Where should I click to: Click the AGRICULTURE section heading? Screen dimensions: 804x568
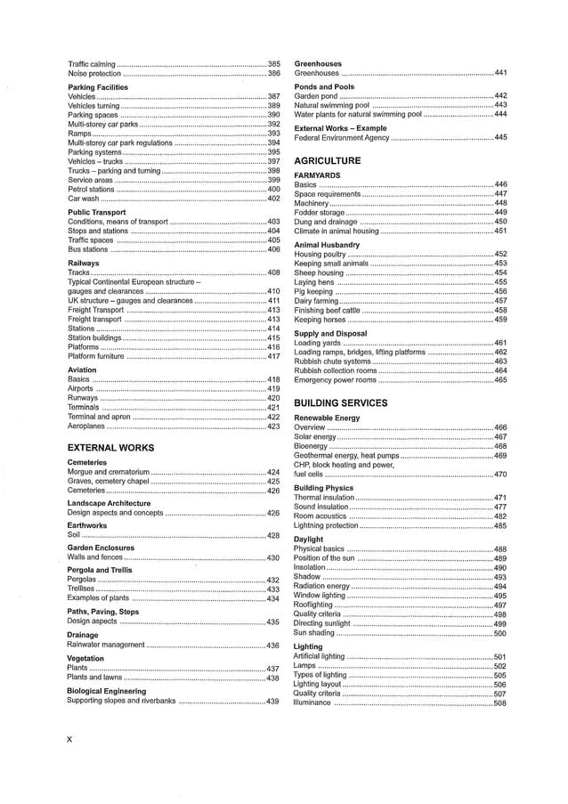pos(327,160)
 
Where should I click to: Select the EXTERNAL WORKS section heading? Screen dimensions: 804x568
pos(110,448)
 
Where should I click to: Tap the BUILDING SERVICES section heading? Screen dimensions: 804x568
pos(340,402)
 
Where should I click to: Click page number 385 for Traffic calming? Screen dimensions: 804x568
pos(273,65)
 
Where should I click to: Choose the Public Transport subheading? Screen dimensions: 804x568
pos(97,212)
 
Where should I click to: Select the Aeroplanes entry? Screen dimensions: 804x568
pos(87,426)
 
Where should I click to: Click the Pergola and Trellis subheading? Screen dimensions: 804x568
pos(100,569)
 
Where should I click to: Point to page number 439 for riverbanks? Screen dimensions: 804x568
pos(273,701)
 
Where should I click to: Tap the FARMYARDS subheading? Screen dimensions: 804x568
pos(317,175)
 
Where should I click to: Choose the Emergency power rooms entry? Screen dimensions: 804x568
pos(335,380)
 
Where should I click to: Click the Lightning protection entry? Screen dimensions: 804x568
pos(326,525)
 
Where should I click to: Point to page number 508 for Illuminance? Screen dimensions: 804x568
pos(499,703)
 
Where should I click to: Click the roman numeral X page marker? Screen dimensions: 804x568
pos(70,738)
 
